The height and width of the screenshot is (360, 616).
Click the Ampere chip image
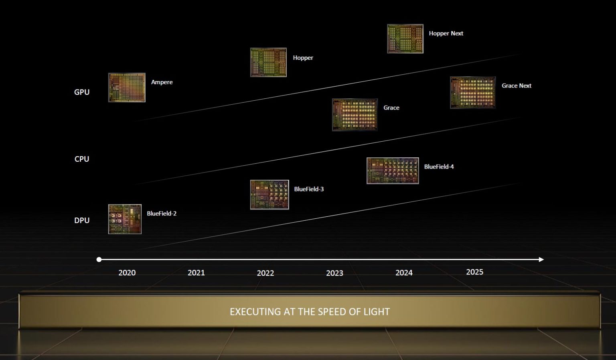[x=127, y=87]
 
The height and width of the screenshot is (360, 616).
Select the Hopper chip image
[x=268, y=63]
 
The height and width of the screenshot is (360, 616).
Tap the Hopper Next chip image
[x=405, y=39]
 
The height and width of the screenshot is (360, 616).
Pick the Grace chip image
[x=355, y=115]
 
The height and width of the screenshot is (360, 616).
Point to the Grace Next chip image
[x=473, y=92]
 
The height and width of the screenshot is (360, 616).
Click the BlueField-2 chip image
[x=125, y=219]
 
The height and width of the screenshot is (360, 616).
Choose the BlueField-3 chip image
[x=269, y=195]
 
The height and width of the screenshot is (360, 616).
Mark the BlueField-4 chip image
[x=393, y=171]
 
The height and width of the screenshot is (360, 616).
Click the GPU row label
[x=82, y=92]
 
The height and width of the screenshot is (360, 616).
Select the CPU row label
[x=82, y=159]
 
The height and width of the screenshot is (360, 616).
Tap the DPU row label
[x=82, y=220]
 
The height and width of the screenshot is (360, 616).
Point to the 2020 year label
[x=127, y=273]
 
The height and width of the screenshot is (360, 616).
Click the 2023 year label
[x=335, y=273]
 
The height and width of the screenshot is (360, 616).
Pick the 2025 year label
[x=475, y=272]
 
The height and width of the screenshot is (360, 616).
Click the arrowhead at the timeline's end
[x=541, y=260]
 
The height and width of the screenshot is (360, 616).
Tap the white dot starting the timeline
[x=99, y=260]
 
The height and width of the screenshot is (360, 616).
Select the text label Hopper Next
[x=446, y=34]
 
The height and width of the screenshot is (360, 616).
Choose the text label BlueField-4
[x=439, y=167]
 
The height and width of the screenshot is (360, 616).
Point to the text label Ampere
[x=162, y=82]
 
